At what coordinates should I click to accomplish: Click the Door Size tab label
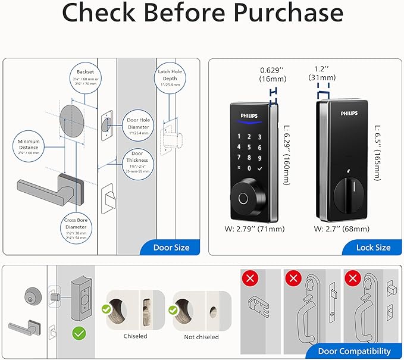point(171,247)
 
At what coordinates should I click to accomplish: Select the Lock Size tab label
point(373,247)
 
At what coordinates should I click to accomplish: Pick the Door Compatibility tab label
point(355,351)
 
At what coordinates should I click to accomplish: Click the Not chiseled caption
point(201,337)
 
